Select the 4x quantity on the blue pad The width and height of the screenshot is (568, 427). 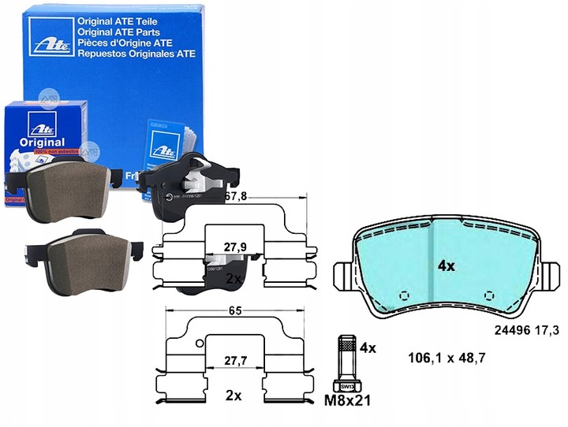(x=447, y=266)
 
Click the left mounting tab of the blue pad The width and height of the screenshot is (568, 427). (x=344, y=278)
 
